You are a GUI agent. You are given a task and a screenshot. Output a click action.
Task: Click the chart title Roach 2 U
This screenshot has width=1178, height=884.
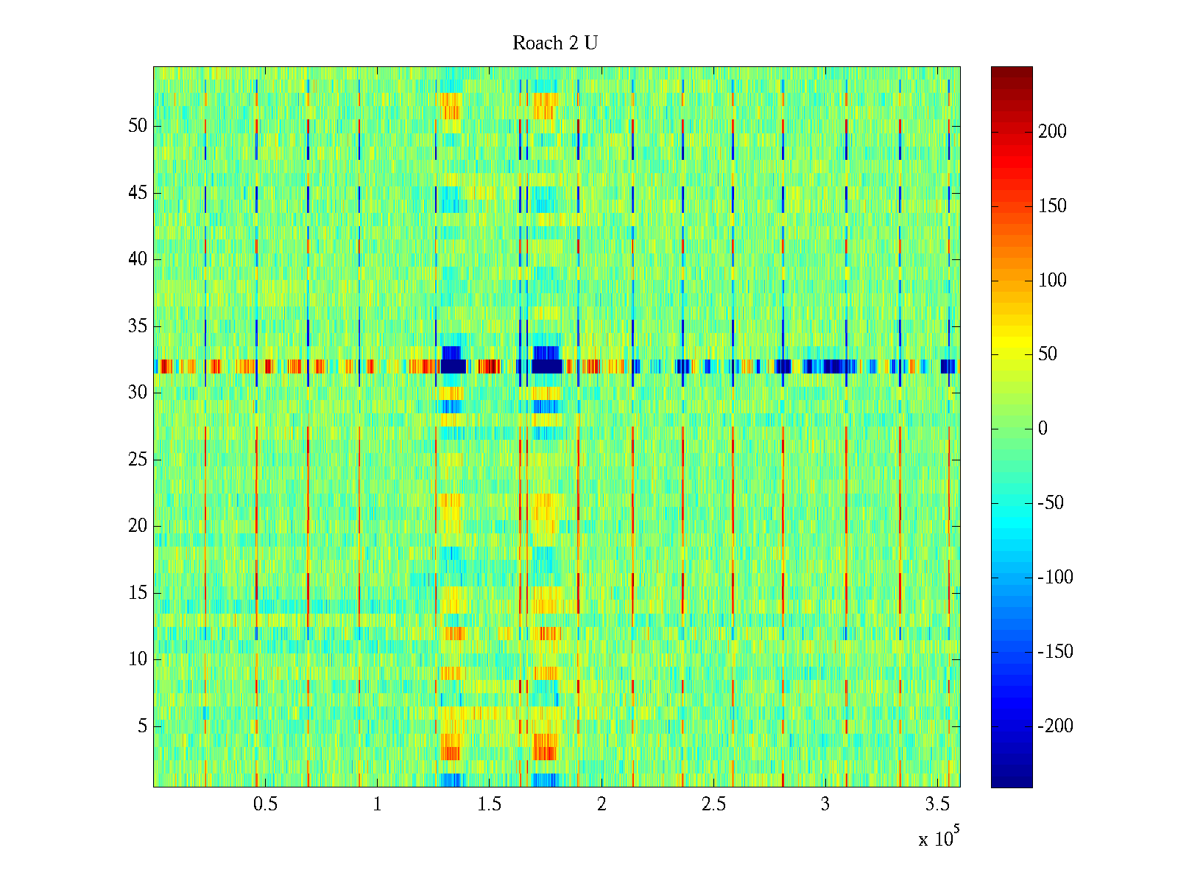click(x=555, y=43)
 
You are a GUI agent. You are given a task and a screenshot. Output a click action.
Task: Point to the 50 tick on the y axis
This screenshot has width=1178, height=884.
click(x=138, y=126)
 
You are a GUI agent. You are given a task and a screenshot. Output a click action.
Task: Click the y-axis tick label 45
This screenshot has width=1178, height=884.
click(x=138, y=193)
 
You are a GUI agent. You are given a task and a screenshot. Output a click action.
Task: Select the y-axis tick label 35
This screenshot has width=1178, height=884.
click(x=138, y=326)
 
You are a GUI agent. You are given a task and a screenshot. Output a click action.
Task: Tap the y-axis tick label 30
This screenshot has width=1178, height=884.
click(x=138, y=393)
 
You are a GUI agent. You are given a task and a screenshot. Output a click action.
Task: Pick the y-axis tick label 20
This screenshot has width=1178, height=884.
click(x=138, y=526)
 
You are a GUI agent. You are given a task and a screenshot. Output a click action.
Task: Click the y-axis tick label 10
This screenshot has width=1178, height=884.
click(x=138, y=659)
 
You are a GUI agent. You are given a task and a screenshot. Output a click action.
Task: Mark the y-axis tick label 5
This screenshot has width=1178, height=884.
click(x=142, y=726)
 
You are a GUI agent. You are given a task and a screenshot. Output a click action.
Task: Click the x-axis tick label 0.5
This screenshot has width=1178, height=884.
click(x=266, y=804)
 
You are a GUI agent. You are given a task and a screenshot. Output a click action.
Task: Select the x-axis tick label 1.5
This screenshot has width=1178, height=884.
click(x=490, y=804)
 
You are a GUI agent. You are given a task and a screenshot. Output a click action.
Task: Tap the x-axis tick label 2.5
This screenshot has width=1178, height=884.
click(x=713, y=804)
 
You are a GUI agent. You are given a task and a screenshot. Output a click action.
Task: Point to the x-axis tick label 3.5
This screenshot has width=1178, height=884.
click(x=937, y=804)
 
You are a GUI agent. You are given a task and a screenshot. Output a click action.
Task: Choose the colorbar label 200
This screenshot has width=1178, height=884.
click(x=1052, y=132)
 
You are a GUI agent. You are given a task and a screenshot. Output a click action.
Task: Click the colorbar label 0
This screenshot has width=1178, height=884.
click(x=1043, y=429)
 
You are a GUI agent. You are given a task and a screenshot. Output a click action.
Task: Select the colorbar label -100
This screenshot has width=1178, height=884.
click(x=1055, y=578)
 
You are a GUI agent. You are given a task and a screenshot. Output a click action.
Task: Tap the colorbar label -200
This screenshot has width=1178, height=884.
click(x=1055, y=726)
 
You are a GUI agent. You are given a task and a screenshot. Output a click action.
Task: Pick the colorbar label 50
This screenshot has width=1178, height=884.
click(x=1048, y=354)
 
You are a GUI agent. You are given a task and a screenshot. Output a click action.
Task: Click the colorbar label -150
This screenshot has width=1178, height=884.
click(x=1055, y=652)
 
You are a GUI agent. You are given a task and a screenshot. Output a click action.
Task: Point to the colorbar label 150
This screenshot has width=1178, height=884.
click(x=1052, y=206)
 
